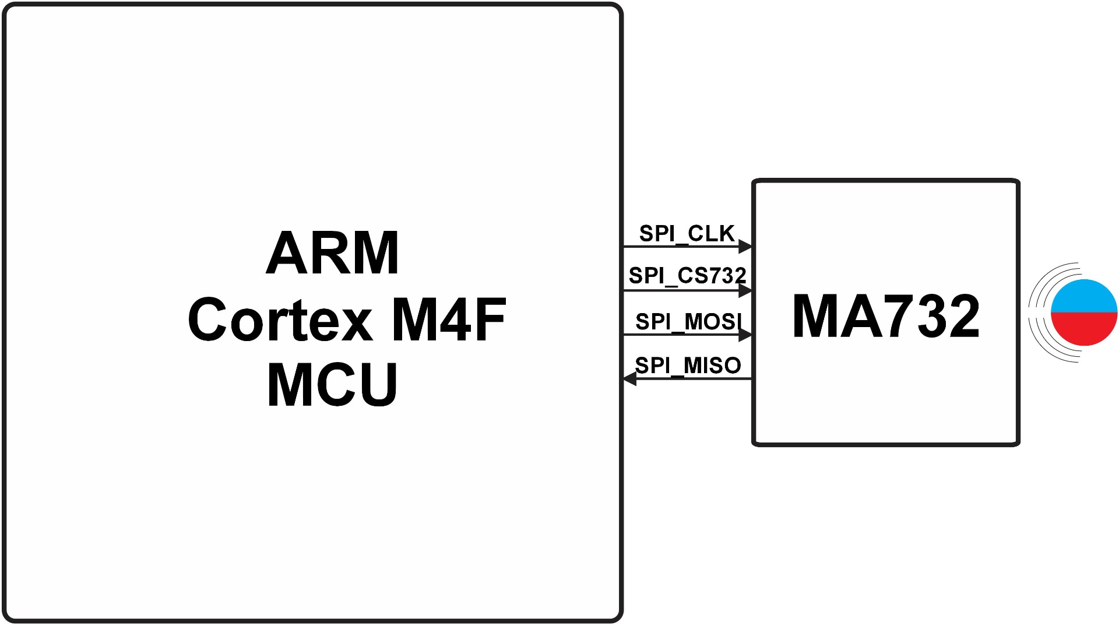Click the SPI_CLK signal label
687,234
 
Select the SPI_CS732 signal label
687,276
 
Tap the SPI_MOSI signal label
688,321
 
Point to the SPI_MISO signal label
688,366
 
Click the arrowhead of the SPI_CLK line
745,247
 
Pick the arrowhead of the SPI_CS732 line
745,290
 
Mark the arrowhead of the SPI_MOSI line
745,335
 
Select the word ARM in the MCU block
332,253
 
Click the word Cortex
280,319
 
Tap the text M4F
449,319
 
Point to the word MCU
332,385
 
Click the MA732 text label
886,316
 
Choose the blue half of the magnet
1084,296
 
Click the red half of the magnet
1084,329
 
